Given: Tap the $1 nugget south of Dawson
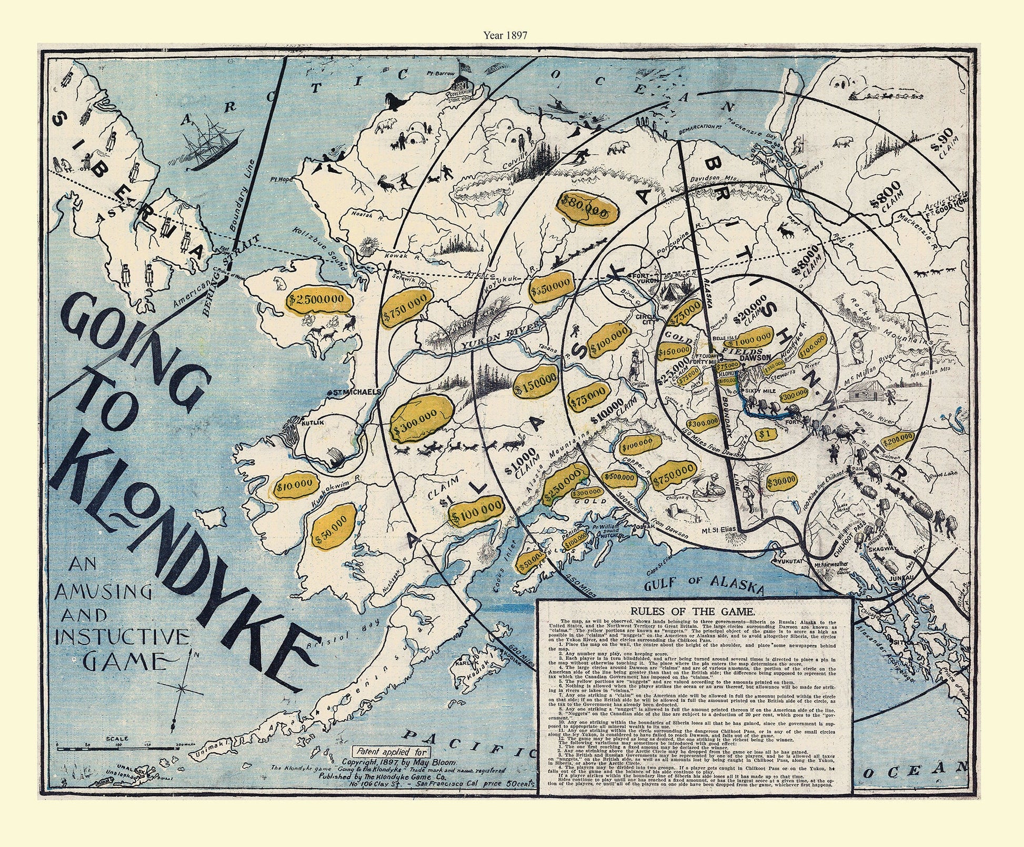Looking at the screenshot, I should pos(761,434).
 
